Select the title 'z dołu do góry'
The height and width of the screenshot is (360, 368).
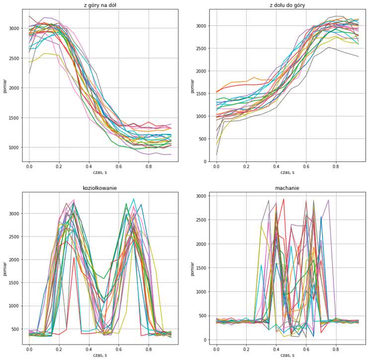285,5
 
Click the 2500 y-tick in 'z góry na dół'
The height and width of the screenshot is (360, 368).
14,58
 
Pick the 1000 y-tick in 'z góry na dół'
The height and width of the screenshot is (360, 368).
14,147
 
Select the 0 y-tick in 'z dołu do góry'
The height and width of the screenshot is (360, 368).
204,162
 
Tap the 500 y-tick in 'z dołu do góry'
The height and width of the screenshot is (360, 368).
201,139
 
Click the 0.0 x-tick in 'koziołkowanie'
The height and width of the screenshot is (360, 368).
29,350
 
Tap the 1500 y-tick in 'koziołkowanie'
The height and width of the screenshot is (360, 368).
14,283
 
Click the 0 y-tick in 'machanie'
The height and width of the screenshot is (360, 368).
204,340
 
